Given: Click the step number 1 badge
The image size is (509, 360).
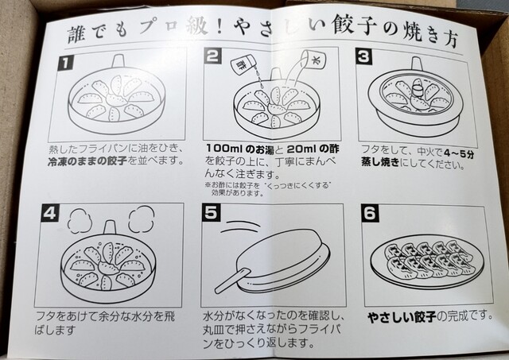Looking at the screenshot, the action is [x=65, y=63].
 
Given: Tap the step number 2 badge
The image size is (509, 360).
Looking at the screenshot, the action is [x=212, y=56].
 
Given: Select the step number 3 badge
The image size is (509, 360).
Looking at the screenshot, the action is [x=363, y=56].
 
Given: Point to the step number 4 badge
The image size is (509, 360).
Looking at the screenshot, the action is [x=49, y=214].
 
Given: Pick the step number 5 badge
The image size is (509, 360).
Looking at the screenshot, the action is [x=211, y=214].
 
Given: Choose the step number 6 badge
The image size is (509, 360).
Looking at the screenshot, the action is [x=371, y=214].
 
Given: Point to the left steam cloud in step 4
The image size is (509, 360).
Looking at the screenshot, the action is [x=80, y=219].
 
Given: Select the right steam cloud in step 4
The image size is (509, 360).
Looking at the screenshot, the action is [x=142, y=219].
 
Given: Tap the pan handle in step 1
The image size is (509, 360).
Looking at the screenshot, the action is [x=119, y=61].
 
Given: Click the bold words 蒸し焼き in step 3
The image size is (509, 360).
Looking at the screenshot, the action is [x=380, y=162].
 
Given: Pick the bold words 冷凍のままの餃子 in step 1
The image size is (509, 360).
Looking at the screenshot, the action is [x=87, y=161].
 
